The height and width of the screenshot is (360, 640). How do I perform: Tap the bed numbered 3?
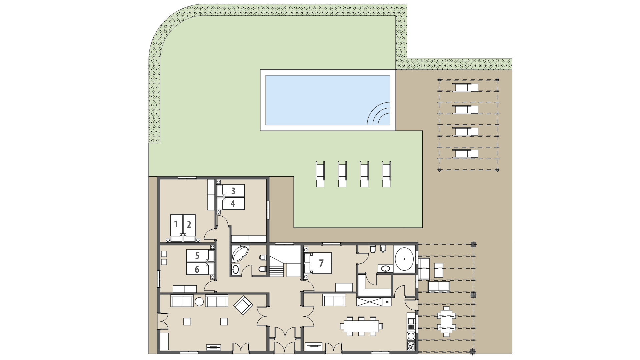[x=233, y=191]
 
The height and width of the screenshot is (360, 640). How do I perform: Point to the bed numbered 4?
[x=233, y=203]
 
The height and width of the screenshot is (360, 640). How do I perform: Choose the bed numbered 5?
[x=197, y=256]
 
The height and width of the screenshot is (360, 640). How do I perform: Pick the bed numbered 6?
[x=197, y=269]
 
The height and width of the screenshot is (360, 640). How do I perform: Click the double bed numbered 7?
[x=321, y=263]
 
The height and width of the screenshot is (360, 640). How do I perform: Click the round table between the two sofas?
[x=199, y=302]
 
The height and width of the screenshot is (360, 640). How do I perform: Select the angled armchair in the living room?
[x=243, y=305]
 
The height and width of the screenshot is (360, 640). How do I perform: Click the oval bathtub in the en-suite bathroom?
[x=404, y=259]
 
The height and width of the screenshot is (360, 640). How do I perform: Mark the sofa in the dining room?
[x=333, y=300]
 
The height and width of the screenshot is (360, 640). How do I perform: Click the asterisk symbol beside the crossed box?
[x=387, y=302]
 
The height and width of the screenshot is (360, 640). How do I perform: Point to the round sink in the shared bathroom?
[x=236, y=269]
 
